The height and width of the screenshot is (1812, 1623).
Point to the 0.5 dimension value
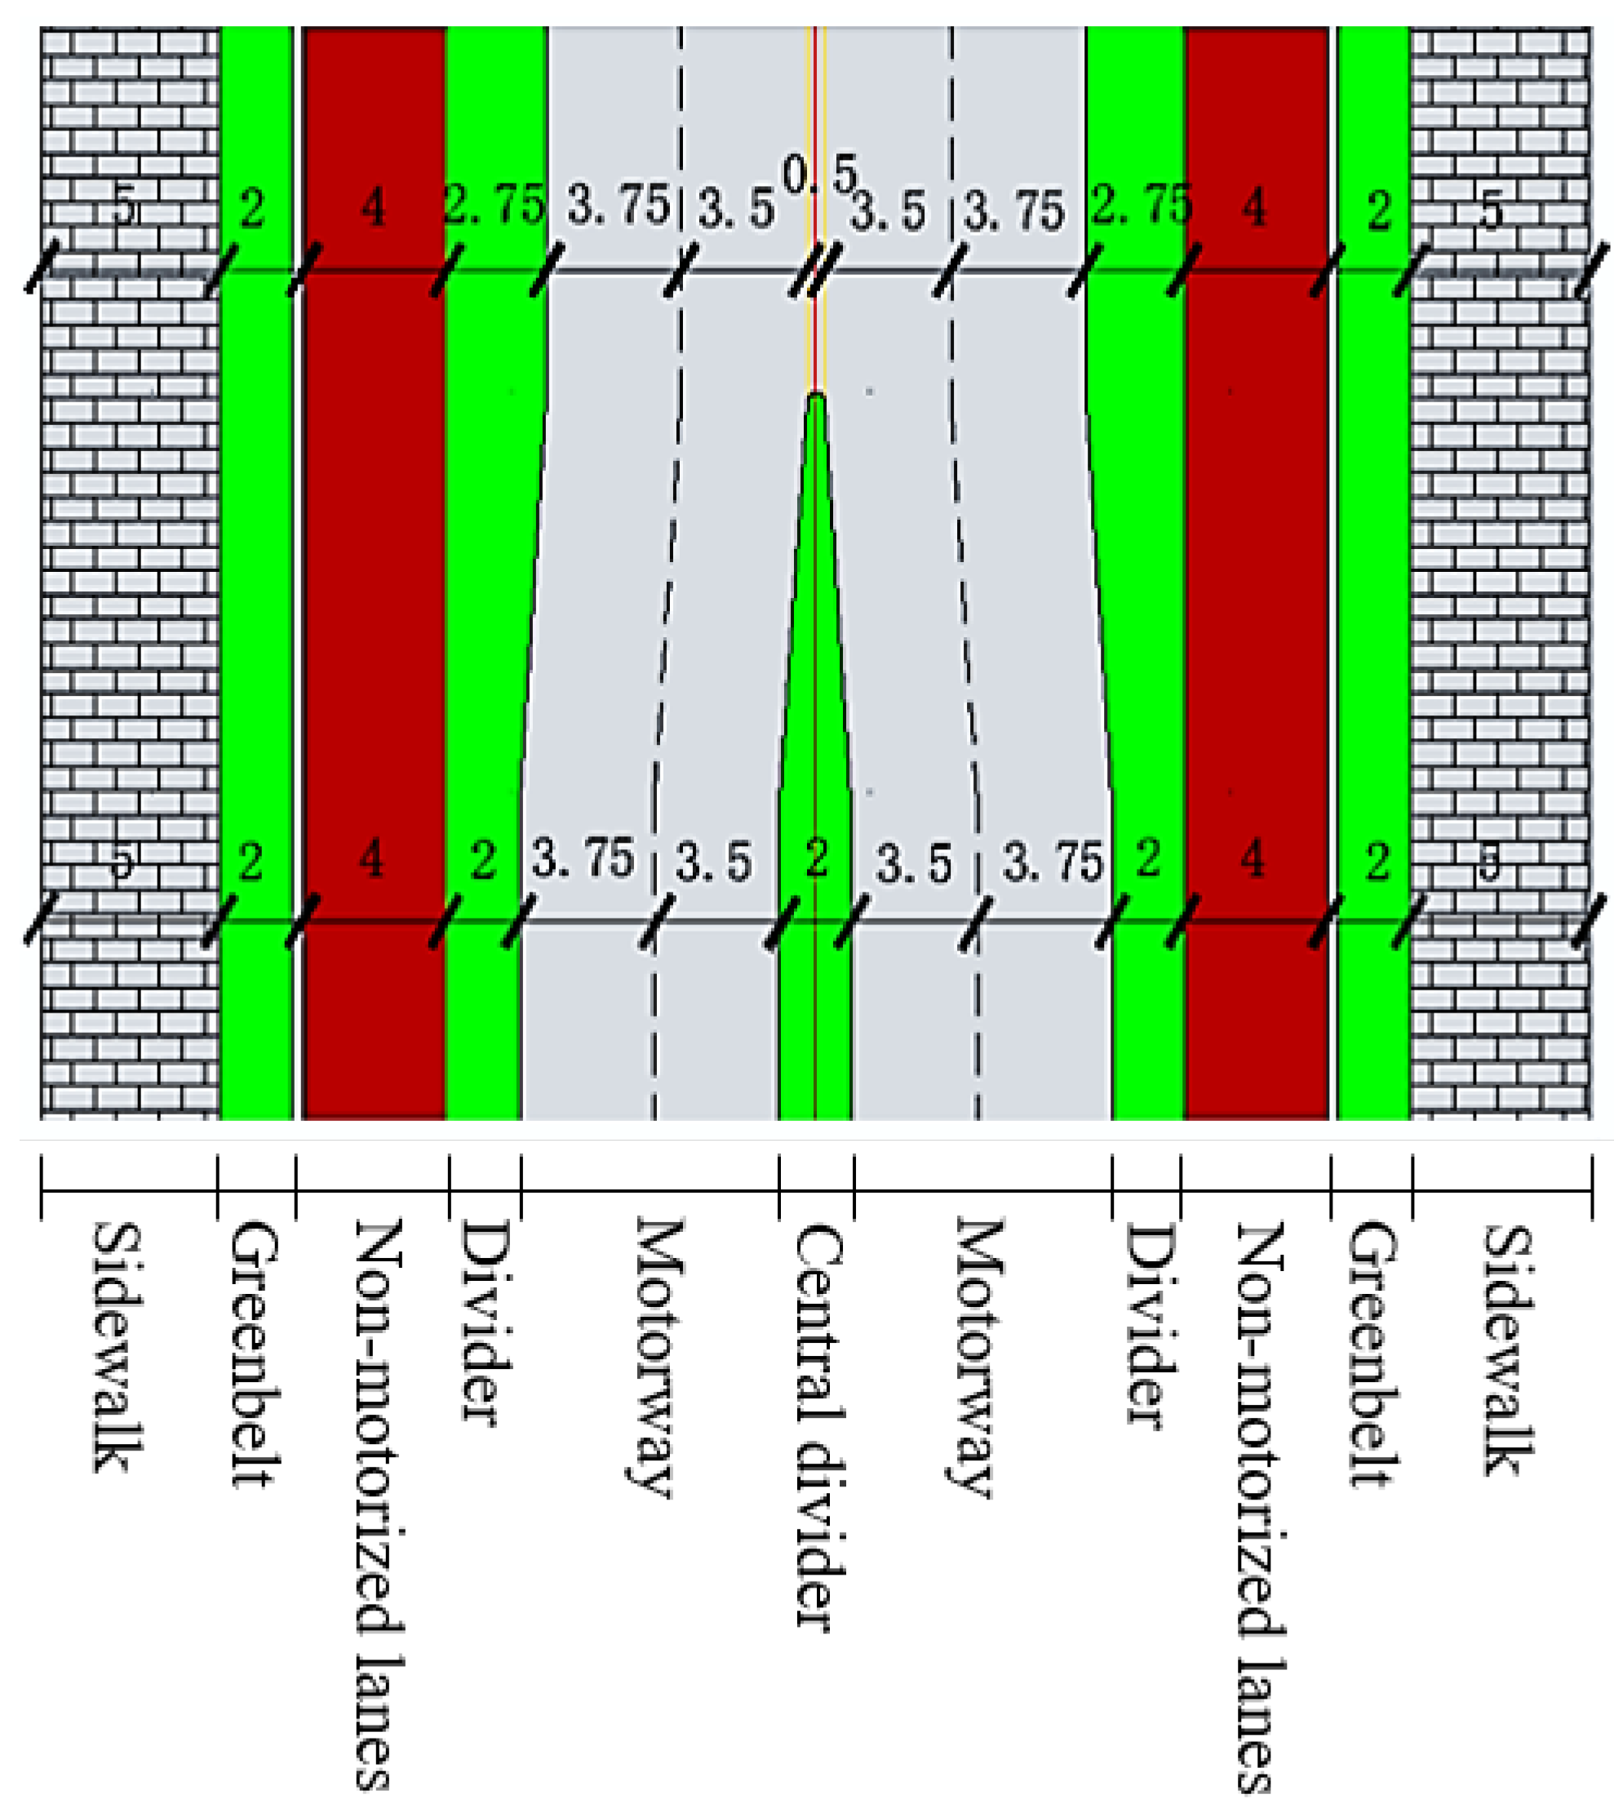pos(819,173)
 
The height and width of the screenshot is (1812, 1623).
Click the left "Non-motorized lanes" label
pos(379,1506)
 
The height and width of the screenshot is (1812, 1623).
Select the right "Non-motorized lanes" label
pos(1259,1508)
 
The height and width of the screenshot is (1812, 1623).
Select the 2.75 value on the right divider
pos(1142,205)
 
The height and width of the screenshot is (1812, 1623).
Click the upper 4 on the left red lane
pos(374,209)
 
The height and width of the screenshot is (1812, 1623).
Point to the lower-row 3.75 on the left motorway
pos(583,859)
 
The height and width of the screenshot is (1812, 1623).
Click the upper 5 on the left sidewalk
pos(126,209)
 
